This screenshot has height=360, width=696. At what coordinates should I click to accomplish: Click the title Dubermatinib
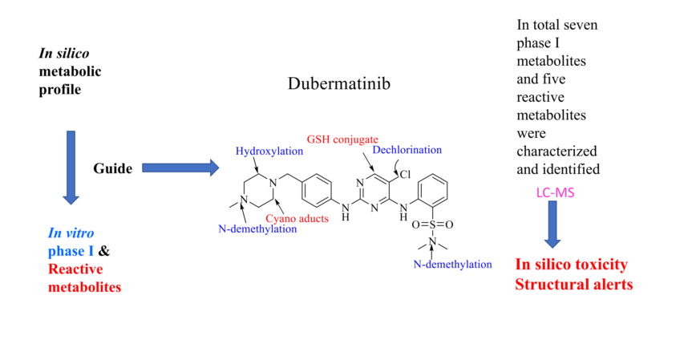click(x=339, y=84)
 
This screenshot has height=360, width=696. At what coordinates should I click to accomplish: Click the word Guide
click(x=112, y=168)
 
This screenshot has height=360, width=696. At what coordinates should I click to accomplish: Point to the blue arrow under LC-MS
click(x=552, y=224)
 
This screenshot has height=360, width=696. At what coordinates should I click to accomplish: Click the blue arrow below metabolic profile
click(x=71, y=167)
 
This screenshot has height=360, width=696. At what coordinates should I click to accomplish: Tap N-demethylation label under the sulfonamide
click(x=452, y=264)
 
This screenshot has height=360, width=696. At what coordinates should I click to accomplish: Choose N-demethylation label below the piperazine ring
click(x=257, y=229)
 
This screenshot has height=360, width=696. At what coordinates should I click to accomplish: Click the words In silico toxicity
click(x=571, y=265)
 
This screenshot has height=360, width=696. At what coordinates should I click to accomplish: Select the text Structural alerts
click(x=573, y=284)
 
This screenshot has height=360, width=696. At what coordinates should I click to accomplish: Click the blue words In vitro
click(x=71, y=233)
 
